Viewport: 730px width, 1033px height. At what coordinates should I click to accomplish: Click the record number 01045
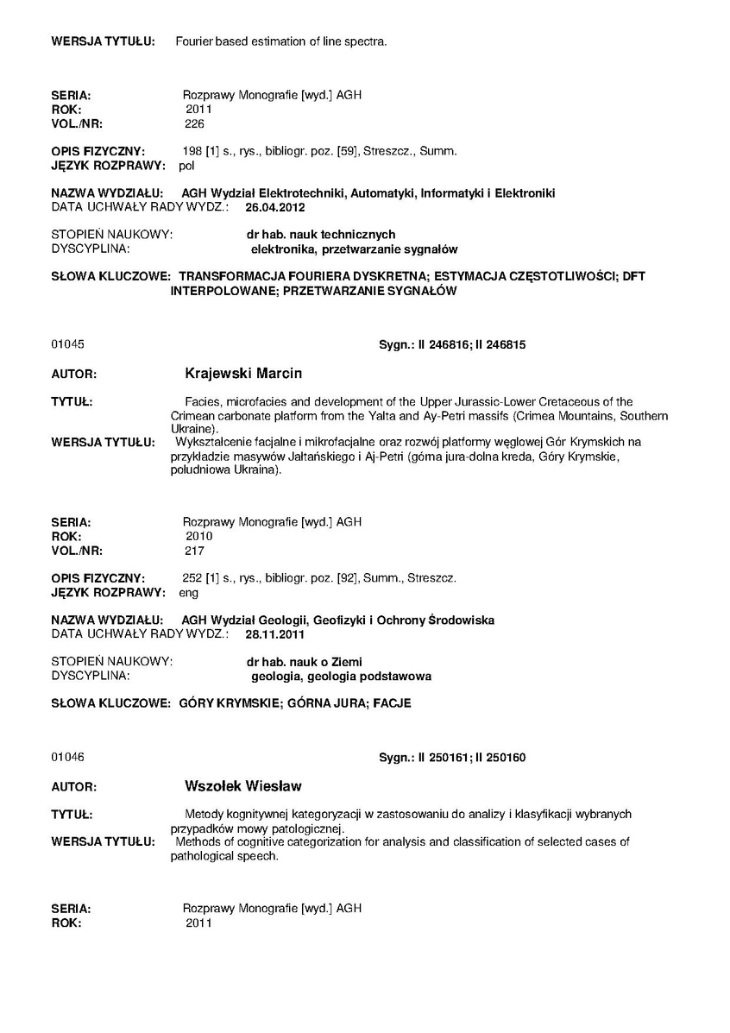pyautogui.click(x=67, y=344)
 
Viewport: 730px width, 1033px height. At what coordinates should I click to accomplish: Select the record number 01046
pyautogui.click(x=67, y=758)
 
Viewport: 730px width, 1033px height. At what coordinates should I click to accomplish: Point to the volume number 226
pyautogui.click(x=194, y=123)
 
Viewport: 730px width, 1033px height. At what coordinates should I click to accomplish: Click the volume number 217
pyautogui.click(x=194, y=550)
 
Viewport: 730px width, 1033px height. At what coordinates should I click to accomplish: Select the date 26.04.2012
pyautogui.click(x=275, y=207)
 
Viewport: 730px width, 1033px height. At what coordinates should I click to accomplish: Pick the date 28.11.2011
pyautogui.click(x=275, y=634)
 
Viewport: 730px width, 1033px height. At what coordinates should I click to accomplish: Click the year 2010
pyautogui.click(x=198, y=536)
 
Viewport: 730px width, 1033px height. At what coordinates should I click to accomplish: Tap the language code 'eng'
pyautogui.click(x=188, y=593)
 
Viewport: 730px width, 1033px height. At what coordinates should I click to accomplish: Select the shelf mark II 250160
pyautogui.click(x=500, y=758)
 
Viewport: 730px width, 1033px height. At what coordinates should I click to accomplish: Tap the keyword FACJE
pyautogui.click(x=393, y=703)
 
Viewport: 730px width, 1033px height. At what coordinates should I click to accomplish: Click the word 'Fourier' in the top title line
pyautogui.click(x=193, y=41)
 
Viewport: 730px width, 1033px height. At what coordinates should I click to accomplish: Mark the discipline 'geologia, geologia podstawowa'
pyautogui.click(x=341, y=676)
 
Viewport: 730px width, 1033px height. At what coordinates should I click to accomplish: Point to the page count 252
pyautogui.click(x=192, y=577)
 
